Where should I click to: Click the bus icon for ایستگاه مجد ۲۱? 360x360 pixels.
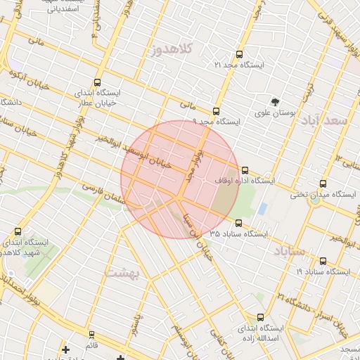[239, 54]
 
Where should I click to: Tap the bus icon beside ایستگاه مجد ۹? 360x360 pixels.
[216, 111]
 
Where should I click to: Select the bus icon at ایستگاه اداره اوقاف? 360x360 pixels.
[245, 170]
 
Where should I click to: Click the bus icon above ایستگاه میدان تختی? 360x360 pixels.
[323, 184]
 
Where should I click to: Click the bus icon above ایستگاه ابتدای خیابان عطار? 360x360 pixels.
[97, 82]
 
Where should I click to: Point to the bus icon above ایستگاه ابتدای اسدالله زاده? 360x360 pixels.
[261, 318]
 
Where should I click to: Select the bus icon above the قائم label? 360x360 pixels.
[91, 335]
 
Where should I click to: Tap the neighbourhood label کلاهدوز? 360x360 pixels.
[171, 50]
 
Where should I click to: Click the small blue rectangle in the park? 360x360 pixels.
[262, 209]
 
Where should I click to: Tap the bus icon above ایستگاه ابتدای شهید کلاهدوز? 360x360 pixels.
[18, 231]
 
